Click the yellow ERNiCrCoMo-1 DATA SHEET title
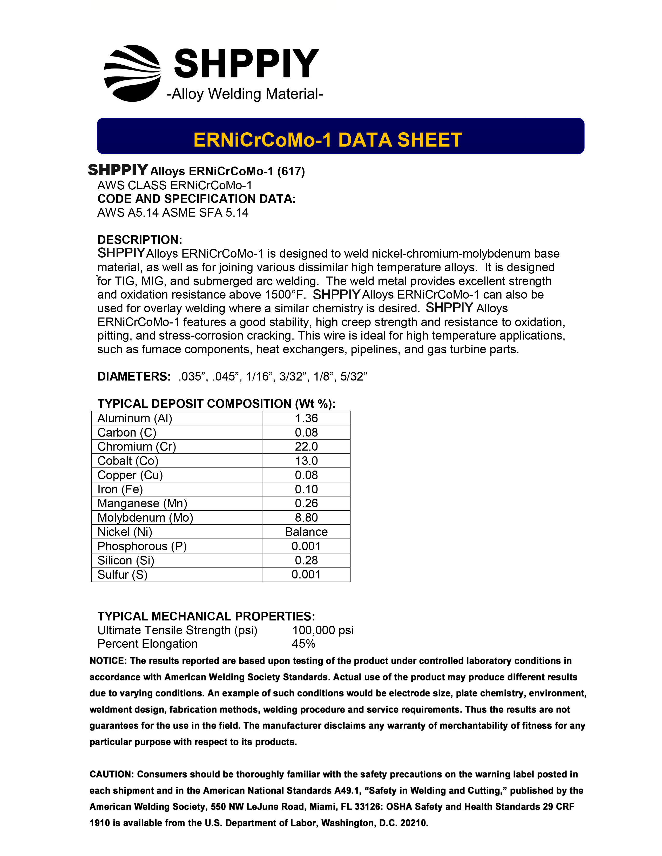pyautogui.click(x=327, y=140)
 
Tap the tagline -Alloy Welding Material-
pyautogui.click(x=245, y=94)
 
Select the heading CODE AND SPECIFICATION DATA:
pyautogui.click(x=196, y=199)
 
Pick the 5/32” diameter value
pyautogui.click(x=353, y=376)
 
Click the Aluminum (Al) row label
pyautogui.click(x=134, y=418)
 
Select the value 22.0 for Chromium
pyautogui.click(x=306, y=446)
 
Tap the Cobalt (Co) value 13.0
pyautogui.click(x=306, y=460)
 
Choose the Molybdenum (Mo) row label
pyautogui.click(x=145, y=517)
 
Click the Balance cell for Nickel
pyautogui.click(x=306, y=532)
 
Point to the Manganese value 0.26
pyautogui.click(x=306, y=503)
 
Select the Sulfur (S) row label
pyautogui.click(x=122, y=575)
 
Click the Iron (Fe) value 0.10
pyautogui.click(x=306, y=489)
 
